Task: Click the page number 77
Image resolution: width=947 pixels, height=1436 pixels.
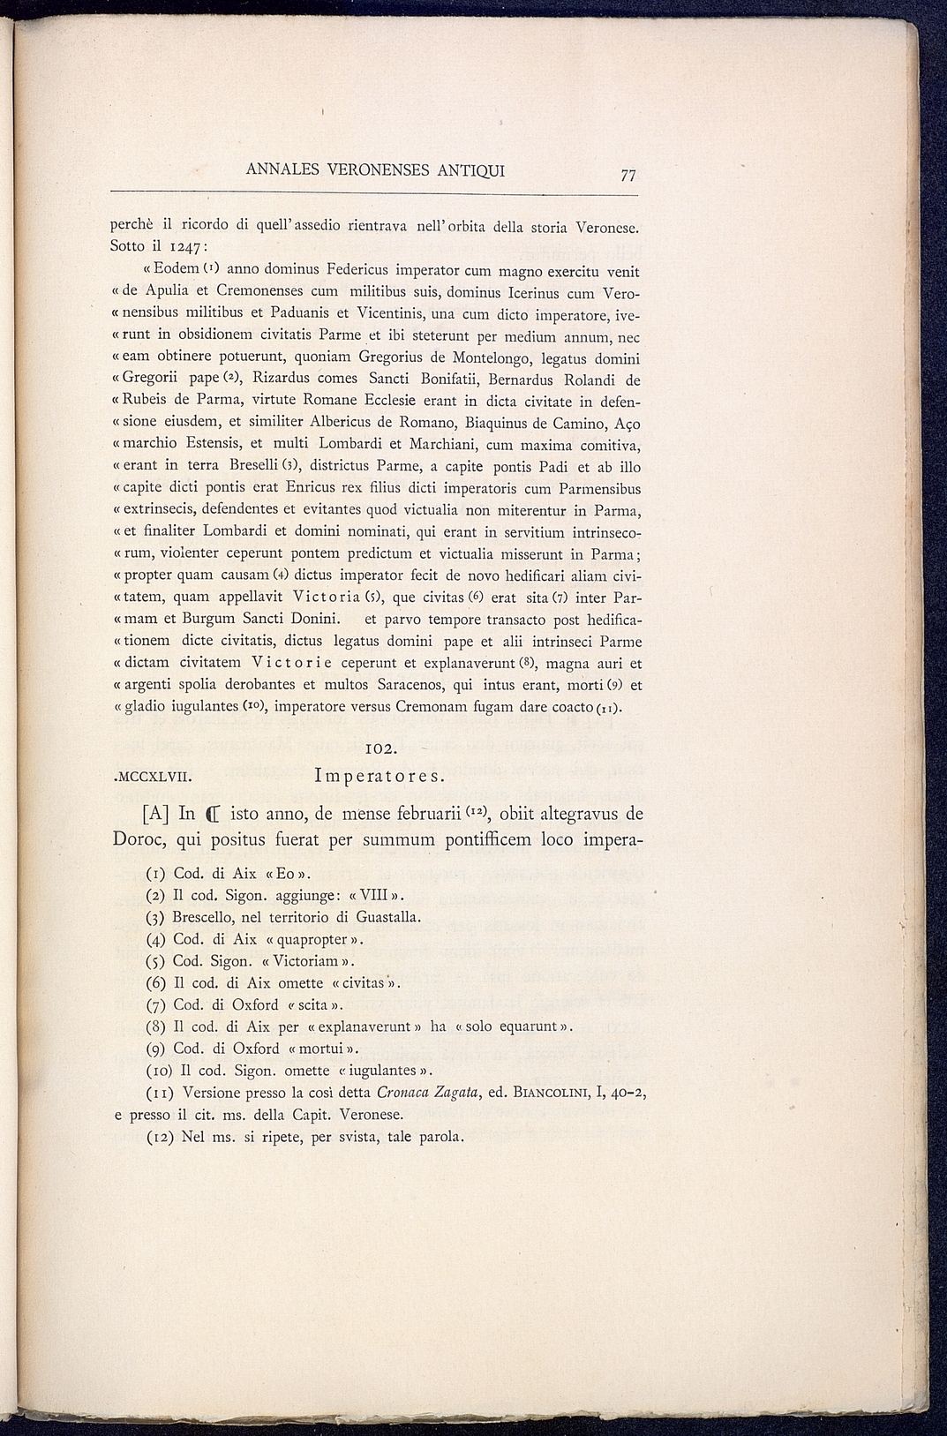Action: click(628, 176)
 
